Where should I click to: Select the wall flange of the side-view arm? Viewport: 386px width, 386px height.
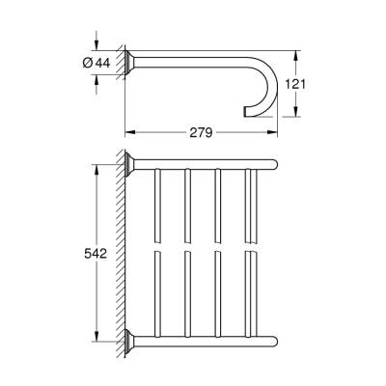pyautogui.click(x=132, y=63)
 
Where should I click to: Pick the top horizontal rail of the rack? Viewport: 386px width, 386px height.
pyautogui.click(x=203, y=161)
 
